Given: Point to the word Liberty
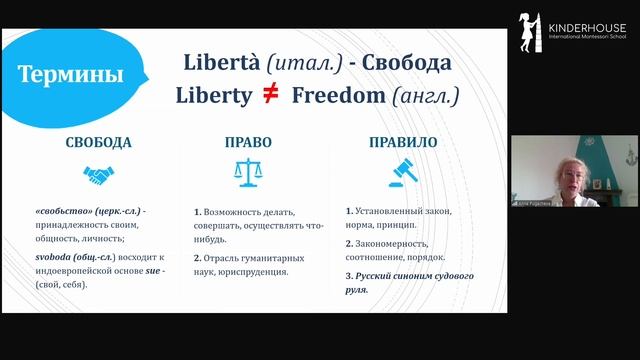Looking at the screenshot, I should click(217, 96).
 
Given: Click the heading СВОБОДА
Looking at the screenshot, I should click(97, 142).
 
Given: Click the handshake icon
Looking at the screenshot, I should click(97, 176).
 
